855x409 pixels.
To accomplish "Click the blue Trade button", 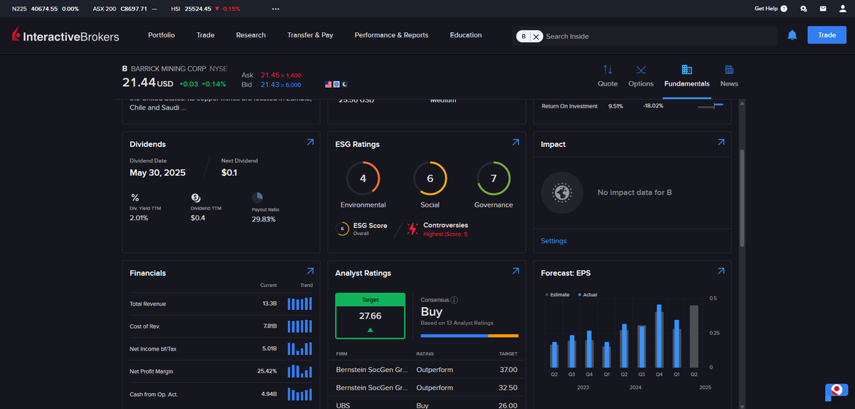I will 826,35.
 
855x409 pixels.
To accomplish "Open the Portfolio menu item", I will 161,35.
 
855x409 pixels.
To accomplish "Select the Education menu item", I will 465,35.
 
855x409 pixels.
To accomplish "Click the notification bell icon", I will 792,35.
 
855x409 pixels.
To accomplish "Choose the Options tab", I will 641,76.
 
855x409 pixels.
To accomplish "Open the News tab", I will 729,76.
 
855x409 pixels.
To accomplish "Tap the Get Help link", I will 770,9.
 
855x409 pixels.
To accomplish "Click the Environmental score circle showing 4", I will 363,179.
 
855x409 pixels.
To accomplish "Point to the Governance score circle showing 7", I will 493,179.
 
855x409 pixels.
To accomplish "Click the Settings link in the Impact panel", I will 554,241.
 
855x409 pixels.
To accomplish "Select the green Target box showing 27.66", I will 370,316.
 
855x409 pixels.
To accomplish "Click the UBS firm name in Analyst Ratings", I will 343,405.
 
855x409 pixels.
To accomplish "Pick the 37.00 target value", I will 508,370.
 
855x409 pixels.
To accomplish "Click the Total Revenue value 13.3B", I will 269,304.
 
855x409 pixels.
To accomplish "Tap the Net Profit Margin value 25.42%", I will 266,371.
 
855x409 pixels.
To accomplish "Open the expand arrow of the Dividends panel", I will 310,143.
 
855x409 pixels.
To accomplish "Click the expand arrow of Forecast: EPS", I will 721,271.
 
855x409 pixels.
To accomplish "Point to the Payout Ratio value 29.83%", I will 264,219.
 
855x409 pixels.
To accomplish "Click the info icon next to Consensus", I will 455,300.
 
